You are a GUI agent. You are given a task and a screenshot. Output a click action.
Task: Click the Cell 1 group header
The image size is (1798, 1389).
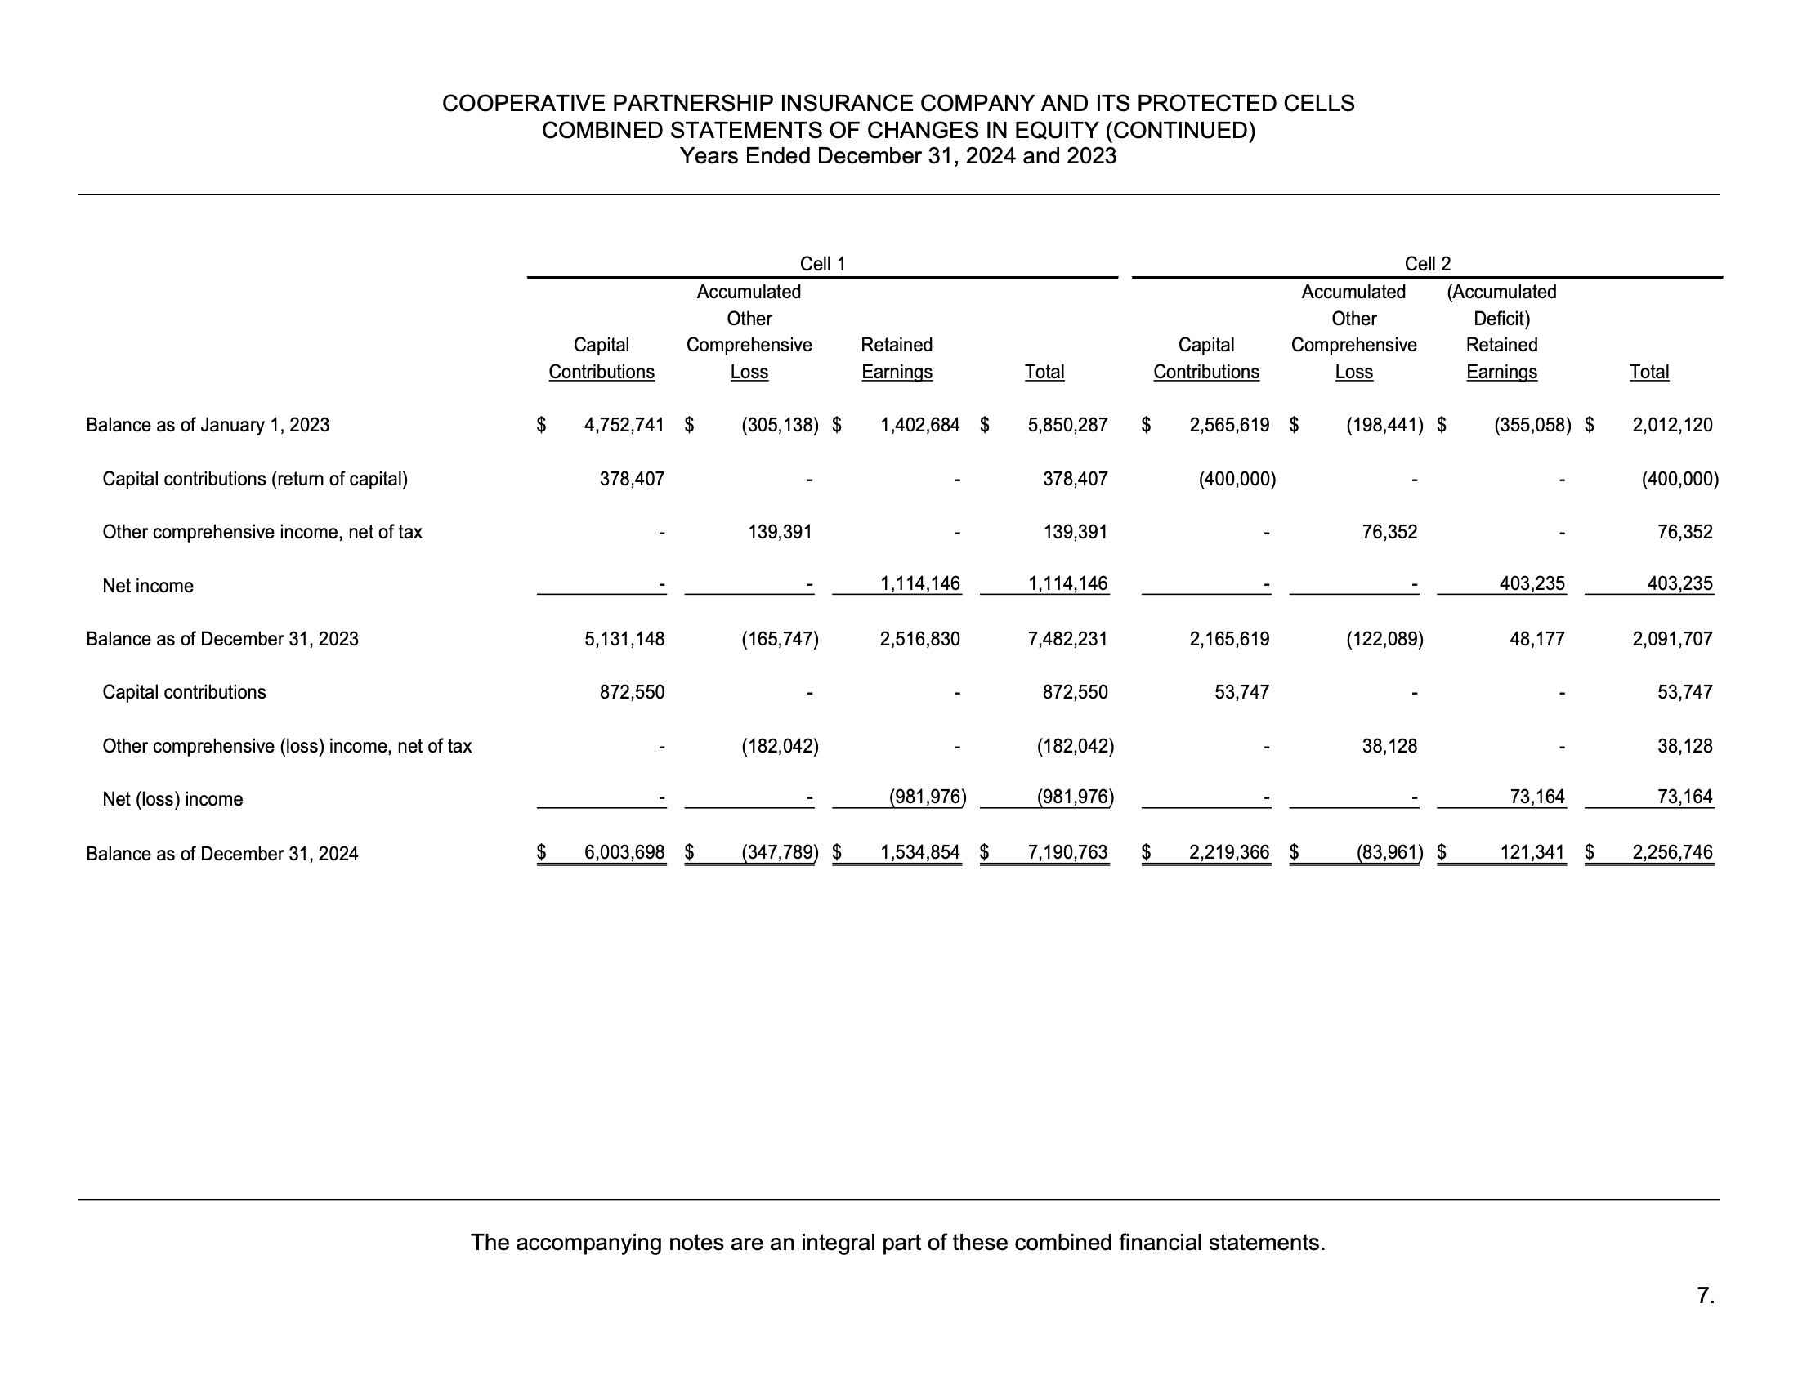click(x=822, y=264)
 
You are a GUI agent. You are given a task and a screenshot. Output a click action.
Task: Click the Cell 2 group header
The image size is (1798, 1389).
click(x=1427, y=264)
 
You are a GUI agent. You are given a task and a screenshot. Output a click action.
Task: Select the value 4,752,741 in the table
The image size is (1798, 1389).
click(x=624, y=426)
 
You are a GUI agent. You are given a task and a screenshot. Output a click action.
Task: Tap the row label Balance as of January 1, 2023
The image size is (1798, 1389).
click(x=208, y=426)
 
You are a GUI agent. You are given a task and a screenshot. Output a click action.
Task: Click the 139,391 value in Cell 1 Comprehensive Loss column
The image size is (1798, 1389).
click(x=779, y=533)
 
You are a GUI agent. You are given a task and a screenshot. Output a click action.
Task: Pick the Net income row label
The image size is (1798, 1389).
click(x=147, y=586)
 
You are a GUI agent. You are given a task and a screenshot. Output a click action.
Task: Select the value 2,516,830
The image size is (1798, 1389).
click(x=919, y=640)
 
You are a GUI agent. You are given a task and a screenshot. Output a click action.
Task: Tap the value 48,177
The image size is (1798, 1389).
click(x=1536, y=640)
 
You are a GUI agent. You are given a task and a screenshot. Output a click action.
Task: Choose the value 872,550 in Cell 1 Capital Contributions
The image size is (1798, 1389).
click(x=632, y=692)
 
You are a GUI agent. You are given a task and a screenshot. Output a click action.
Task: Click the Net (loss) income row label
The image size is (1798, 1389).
click(x=172, y=799)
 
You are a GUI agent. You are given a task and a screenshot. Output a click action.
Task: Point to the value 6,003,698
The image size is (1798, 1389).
click(x=624, y=852)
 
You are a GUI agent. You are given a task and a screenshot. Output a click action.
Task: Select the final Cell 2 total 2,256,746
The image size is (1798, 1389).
click(x=1672, y=852)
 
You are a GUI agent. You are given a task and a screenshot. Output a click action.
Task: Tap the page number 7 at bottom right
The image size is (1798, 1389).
click(x=1705, y=1296)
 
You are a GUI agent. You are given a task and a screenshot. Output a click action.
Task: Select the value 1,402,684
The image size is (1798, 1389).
click(x=919, y=426)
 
